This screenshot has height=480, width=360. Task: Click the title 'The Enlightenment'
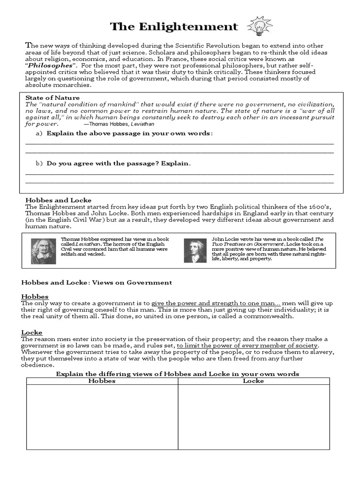point(174,27)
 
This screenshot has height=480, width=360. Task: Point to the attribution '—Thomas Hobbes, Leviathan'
point(119,124)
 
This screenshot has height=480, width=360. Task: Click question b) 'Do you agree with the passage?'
point(119,164)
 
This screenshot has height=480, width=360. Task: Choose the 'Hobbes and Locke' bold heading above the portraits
point(58,200)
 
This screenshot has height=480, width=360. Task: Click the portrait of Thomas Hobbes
point(43,251)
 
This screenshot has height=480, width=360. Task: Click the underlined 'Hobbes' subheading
point(35,297)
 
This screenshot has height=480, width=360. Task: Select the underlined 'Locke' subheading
point(32,332)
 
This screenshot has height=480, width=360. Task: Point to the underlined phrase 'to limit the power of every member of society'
point(248,345)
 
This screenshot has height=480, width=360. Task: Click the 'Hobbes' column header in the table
point(102,381)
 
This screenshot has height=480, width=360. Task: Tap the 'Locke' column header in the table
point(253,381)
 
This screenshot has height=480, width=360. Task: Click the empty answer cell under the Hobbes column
point(102,427)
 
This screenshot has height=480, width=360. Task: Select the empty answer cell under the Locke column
point(253,427)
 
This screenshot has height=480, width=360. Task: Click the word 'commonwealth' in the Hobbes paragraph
point(268,316)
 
